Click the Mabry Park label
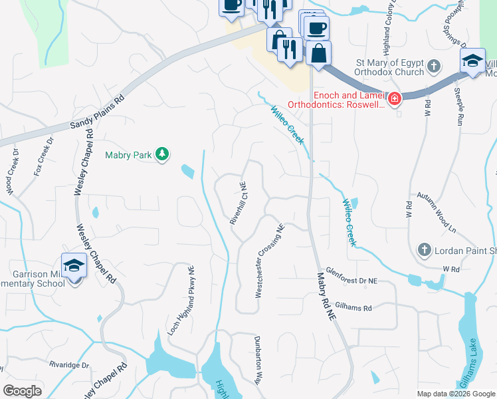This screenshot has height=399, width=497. tap(128, 156)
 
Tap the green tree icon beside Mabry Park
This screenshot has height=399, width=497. tap(161, 155)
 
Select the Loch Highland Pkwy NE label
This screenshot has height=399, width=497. tap(181, 299)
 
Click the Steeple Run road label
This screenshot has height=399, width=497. tap(458, 106)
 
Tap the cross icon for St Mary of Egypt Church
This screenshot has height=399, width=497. tap(434, 66)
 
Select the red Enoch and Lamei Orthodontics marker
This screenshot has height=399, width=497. tap(395, 100)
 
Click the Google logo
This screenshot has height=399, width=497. tap(22, 391)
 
